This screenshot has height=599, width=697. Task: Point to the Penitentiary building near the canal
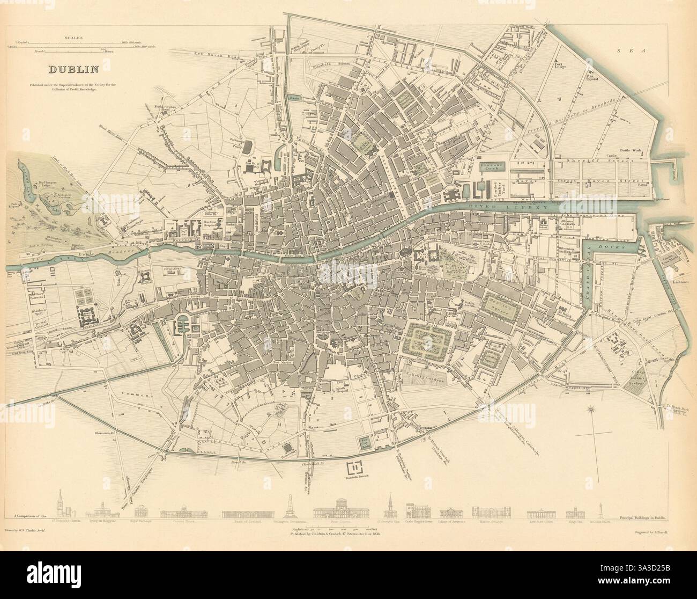click(288, 448)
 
